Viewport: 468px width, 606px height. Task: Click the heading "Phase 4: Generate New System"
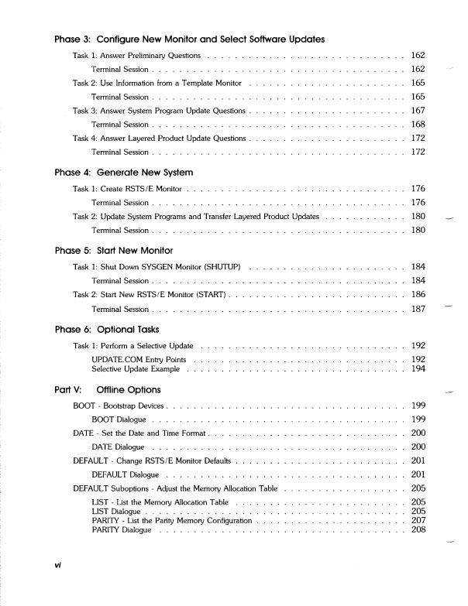(x=124, y=172)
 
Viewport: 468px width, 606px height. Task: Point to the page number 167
(x=418, y=111)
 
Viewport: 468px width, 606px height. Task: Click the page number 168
(x=418, y=125)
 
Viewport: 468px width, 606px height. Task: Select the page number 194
(x=418, y=369)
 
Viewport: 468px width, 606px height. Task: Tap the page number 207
(x=418, y=521)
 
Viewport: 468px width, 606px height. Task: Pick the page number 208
(x=418, y=530)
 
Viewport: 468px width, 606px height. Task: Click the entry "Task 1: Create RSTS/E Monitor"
(x=128, y=189)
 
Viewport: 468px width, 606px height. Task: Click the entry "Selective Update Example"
(x=136, y=369)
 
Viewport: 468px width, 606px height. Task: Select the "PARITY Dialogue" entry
(x=122, y=530)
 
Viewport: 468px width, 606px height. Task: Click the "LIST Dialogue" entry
(x=116, y=512)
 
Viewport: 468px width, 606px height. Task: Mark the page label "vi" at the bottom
(x=58, y=587)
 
